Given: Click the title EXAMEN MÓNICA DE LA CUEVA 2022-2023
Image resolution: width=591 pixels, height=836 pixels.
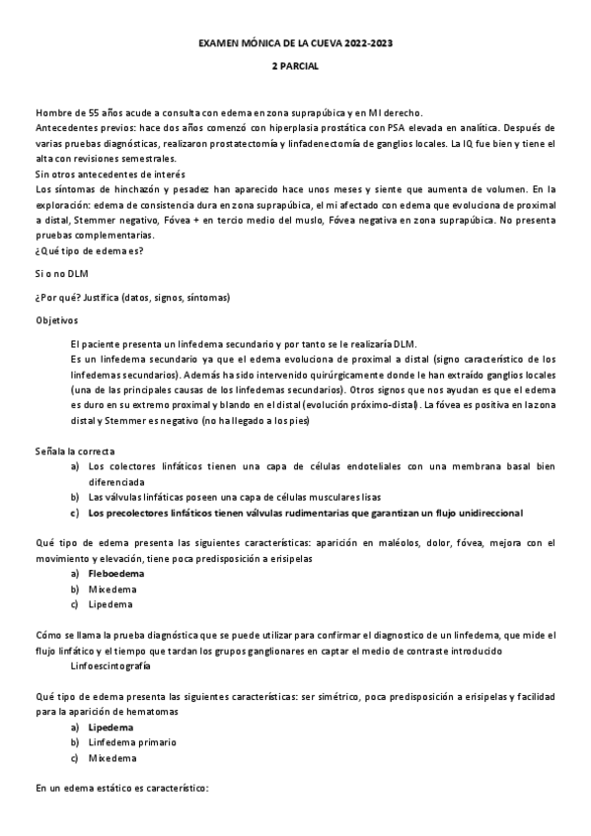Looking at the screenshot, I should point(295,45).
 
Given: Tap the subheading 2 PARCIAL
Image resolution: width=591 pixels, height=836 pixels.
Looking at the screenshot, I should point(295,67).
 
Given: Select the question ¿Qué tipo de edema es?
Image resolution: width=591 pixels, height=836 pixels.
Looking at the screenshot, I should point(90,250).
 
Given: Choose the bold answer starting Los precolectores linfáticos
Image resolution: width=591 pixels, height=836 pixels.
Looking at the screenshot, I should point(305,513).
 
